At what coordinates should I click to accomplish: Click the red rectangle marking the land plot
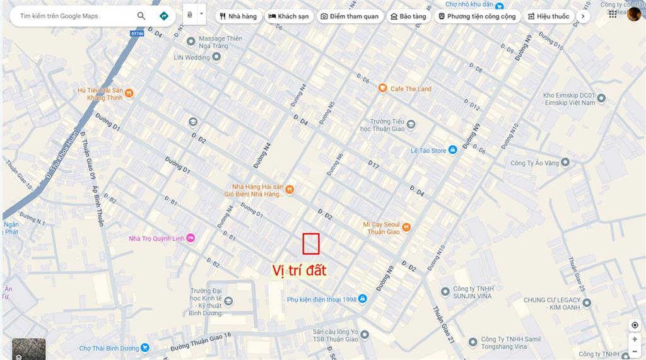coord(311,243)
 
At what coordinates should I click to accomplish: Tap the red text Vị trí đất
coord(299,270)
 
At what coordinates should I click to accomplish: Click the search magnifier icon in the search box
coord(141,16)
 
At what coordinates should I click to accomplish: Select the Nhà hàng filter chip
coord(238,16)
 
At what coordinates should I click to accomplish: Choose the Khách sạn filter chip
coord(289,16)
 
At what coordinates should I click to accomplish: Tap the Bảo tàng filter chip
coord(408,16)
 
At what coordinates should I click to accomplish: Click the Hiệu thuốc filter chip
coord(548,16)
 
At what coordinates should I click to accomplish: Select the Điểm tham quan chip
coord(349,16)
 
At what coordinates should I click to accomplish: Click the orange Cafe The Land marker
coord(382,88)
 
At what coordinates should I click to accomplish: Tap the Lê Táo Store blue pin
coord(452,150)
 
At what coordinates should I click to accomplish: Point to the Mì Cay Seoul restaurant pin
coord(406,227)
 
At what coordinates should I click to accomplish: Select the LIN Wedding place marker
coord(216,57)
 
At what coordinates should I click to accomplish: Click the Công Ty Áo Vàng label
coord(535,163)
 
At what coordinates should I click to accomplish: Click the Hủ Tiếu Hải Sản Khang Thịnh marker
coord(129,93)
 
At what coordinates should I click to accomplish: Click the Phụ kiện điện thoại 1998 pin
coord(363,299)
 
